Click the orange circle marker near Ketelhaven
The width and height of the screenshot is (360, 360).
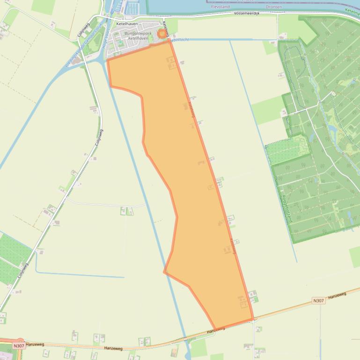click(x=162, y=34)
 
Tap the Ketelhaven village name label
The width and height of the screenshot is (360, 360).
click(x=127, y=24)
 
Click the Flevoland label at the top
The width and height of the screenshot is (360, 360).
click(x=220, y=7)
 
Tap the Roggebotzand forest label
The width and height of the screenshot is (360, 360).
click(x=287, y=209)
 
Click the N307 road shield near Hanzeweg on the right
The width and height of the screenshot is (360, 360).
click(x=318, y=301)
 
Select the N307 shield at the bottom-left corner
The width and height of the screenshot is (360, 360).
click(x=19, y=346)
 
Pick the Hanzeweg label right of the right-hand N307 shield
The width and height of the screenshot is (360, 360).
click(x=337, y=295)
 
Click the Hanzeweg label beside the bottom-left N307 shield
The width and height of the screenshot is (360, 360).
click(x=35, y=344)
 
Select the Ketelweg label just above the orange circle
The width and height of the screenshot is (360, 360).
click(x=166, y=25)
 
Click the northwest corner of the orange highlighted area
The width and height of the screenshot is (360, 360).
click(x=108, y=60)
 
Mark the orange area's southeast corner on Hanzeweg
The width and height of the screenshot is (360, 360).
click(x=253, y=320)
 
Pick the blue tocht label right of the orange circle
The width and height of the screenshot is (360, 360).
click(x=180, y=40)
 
